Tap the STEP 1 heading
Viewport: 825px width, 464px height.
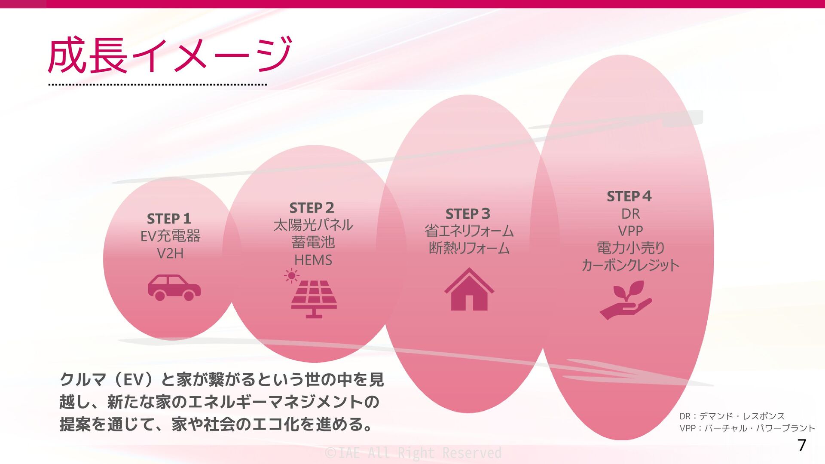169,219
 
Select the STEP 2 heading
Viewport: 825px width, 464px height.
312,208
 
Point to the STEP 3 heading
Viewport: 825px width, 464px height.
467,214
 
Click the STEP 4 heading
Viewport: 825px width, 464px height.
629,196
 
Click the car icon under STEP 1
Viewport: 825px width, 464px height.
174,287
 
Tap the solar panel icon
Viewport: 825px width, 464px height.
314,299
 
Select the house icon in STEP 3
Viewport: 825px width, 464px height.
469,290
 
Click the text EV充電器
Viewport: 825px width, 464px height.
171,236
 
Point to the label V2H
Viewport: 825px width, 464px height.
170,253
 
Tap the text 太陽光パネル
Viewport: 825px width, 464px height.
313,225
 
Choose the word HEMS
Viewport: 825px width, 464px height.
313,260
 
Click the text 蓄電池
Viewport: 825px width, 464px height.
313,242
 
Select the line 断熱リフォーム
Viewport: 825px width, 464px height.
469,248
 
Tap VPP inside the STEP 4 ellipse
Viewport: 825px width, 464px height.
630,231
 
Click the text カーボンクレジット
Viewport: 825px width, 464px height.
630,265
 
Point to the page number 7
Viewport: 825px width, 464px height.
801,446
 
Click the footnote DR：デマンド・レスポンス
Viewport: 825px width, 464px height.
732,416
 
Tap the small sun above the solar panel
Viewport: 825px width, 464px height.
291,275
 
